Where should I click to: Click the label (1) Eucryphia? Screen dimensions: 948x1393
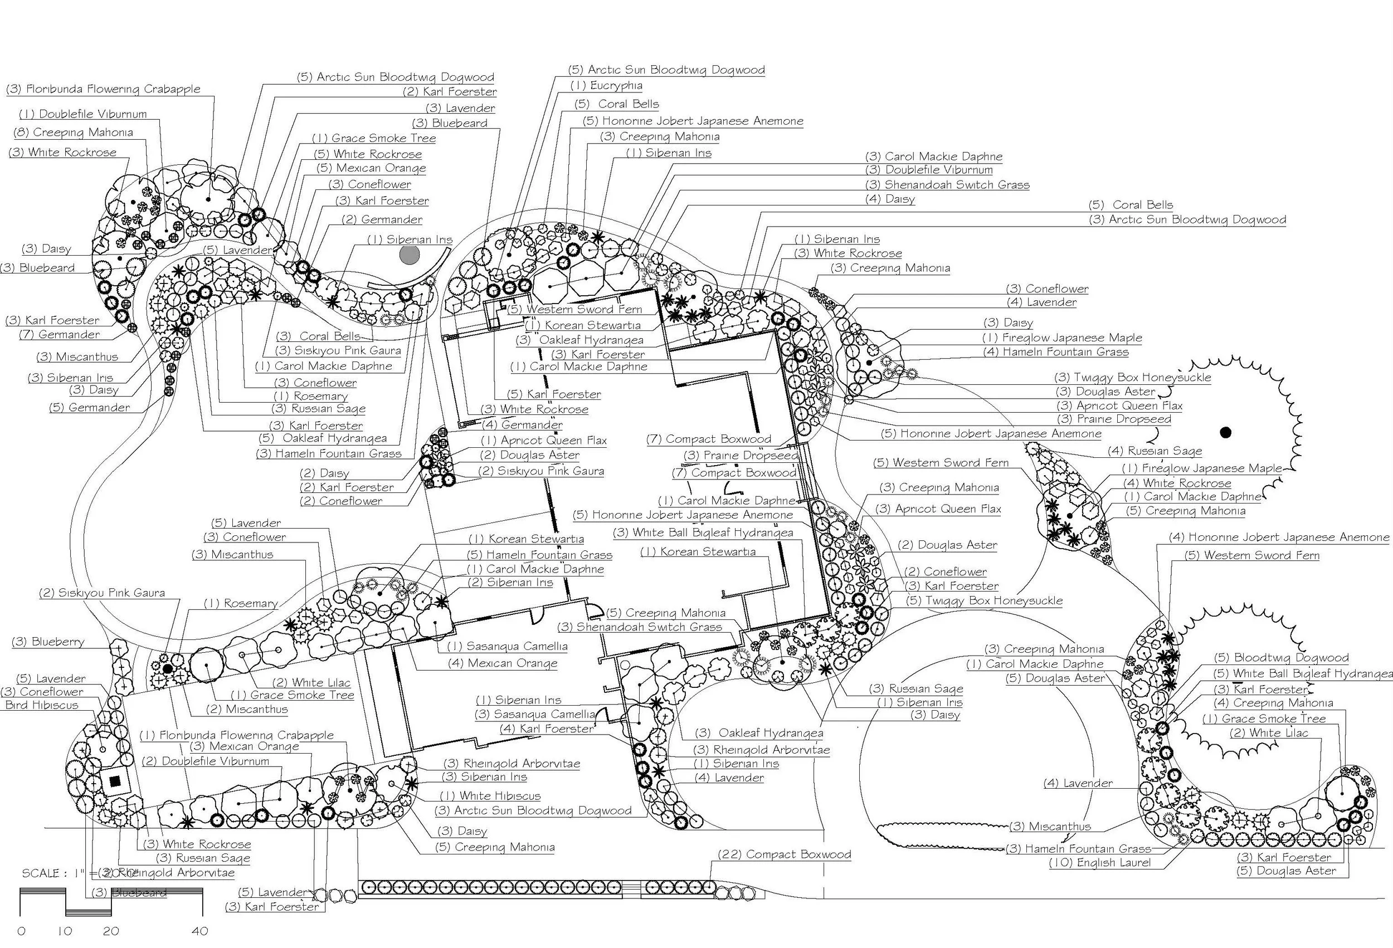606,86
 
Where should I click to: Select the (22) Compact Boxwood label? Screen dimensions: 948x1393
784,854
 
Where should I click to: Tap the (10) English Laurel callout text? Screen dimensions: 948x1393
1100,863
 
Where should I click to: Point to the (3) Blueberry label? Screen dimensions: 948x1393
48,642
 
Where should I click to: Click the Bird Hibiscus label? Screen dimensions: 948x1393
42,705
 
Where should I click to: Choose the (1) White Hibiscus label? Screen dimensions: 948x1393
490,796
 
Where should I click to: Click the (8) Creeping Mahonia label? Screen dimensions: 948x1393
73,133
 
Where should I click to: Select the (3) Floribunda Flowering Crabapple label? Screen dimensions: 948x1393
103,89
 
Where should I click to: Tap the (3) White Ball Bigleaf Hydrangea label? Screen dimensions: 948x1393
703,532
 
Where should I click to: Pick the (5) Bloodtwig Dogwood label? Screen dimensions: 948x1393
1282,658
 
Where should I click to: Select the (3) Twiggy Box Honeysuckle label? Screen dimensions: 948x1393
1133,378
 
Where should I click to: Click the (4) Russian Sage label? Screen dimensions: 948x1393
1155,451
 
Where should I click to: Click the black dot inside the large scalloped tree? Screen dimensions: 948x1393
1225,432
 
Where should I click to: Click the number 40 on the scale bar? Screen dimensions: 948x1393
199,931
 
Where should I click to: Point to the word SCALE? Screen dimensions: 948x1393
41,873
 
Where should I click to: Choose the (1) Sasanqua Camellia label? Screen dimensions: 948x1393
507,647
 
